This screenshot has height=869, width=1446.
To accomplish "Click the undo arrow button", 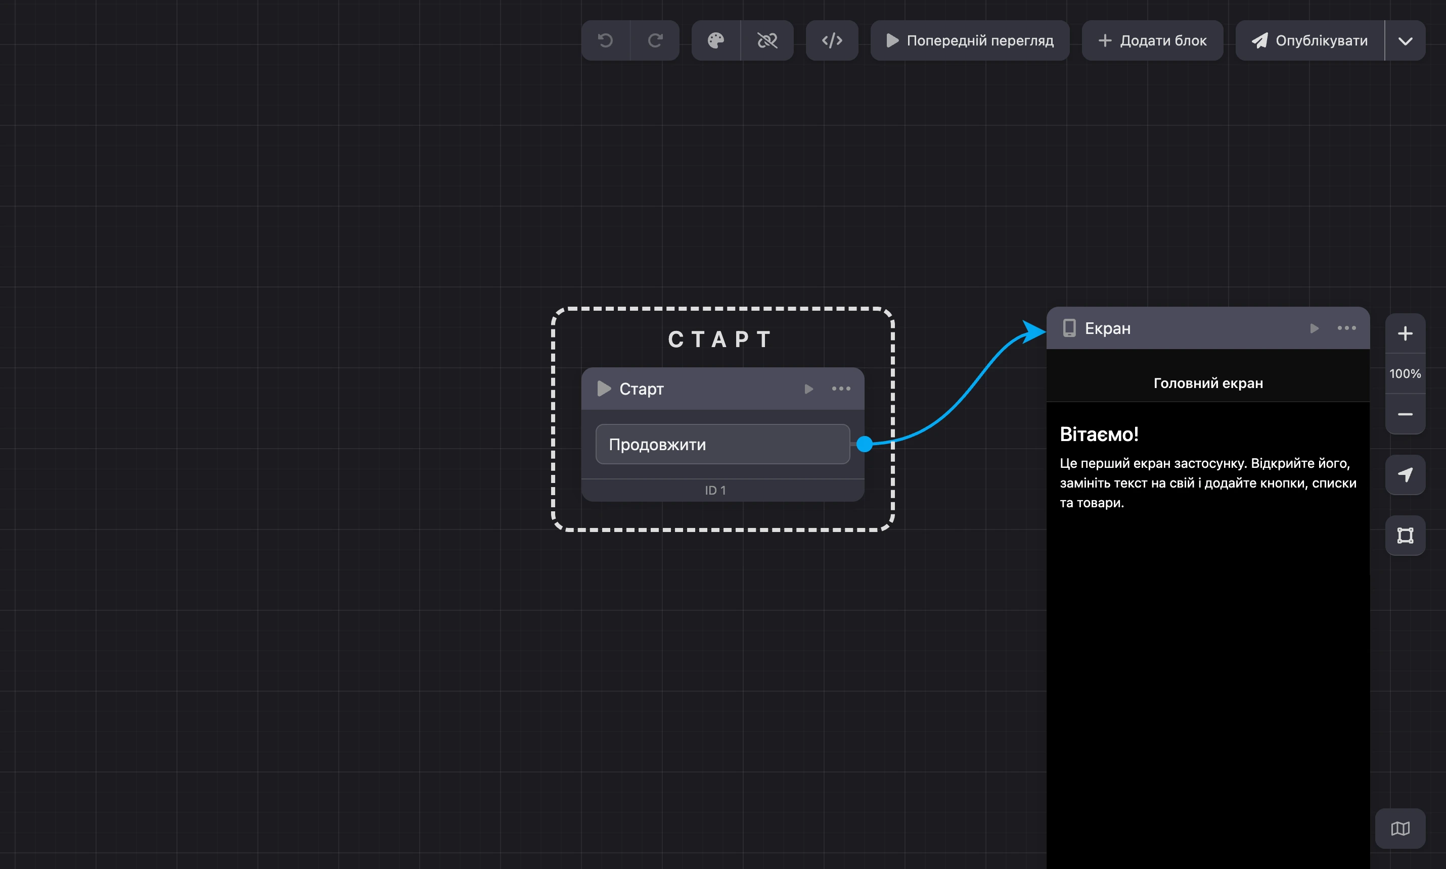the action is tap(605, 40).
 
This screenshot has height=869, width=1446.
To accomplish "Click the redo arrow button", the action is tap(655, 40).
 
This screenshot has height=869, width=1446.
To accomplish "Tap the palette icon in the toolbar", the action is tap(716, 40).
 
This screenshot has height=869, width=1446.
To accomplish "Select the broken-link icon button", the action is tap(767, 40).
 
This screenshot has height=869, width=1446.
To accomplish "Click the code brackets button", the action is tap(832, 40).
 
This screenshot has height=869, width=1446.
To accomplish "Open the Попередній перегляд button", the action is tap(970, 40).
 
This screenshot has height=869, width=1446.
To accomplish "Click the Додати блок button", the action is tap(1152, 40).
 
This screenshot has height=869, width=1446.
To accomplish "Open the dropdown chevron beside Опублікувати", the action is tap(1405, 40).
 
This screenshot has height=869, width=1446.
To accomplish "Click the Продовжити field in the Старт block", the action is tap(722, 445).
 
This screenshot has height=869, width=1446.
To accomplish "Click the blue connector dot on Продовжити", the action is tap(864, 445).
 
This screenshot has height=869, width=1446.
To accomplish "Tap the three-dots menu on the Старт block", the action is tap(841, 389).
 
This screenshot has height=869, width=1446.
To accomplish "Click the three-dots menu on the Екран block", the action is tap(1346, 328).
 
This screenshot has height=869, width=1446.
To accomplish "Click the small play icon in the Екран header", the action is tap(1314, 328).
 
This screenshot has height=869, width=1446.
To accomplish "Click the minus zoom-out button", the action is tap(1405, 414).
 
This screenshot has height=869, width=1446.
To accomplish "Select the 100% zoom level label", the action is tap(1405, 373).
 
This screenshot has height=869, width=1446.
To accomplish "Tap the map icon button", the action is tap(1400, 829).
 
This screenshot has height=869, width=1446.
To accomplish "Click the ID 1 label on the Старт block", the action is tap(715, 490).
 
